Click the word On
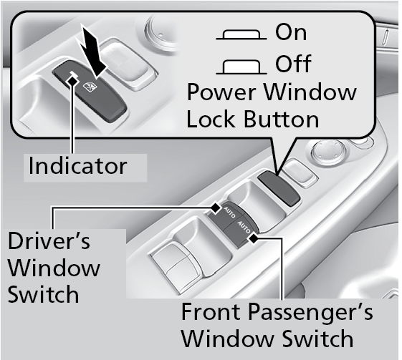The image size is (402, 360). [x=291, y=32]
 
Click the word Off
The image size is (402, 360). [x=293, y=63]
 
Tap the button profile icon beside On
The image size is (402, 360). [x=241, y=35]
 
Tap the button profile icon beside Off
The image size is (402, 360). [x=241, y=67]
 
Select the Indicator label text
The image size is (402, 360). [x=77, y=166]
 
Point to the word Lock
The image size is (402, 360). [x=211, y=119]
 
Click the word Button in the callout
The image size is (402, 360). [x=281, y=119]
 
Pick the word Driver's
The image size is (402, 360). [x=49, y=240]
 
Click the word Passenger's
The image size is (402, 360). [x=310, y=311]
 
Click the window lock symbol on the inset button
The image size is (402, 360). [x=90, y=87]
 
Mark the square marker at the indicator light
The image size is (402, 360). [x=72, y=80]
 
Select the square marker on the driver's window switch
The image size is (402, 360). [x=216, y=208]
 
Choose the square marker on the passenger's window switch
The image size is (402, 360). [x=254, y=238]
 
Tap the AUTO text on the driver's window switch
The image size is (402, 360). [x=229, y=213]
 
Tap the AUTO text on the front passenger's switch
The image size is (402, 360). [x=244, y=228]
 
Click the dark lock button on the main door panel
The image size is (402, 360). [x=279, y=188]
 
